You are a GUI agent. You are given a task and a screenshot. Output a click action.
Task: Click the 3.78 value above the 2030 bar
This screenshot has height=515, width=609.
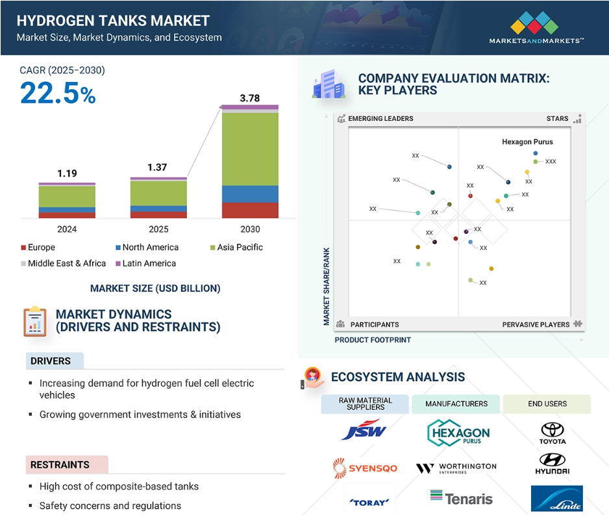pos(250,98)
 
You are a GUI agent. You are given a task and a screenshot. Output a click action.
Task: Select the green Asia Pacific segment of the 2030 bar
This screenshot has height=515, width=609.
pos(250,150)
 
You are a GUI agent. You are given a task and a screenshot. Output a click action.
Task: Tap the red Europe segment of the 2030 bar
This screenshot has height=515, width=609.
pos(250,211)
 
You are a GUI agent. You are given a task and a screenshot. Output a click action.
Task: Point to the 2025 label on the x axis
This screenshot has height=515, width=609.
pos(158,229)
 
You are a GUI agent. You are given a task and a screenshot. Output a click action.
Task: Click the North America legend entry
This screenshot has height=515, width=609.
pos(147,247)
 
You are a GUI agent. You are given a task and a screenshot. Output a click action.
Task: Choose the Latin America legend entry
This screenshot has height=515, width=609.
pos(146,263)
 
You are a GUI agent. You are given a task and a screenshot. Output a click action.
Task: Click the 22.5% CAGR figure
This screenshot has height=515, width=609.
pos(58,94)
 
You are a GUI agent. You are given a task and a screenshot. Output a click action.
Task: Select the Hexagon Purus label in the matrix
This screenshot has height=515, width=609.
pos(527,142)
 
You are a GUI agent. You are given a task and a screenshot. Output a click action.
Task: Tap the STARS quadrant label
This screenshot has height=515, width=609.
pos(557,118)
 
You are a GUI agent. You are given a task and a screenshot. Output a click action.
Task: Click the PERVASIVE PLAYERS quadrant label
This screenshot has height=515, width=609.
pos(536,324)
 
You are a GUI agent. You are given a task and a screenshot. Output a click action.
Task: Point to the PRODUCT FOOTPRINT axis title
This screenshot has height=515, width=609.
pos(373,340)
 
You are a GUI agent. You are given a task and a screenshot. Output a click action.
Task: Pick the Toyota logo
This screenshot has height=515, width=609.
pos(553,433)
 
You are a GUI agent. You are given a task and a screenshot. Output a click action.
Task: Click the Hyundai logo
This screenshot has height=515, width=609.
pos(553,464)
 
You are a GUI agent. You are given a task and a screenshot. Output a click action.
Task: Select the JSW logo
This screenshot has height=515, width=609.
pos(364,429)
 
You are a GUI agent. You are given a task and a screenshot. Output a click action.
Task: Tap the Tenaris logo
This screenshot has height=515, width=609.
pos(462,498)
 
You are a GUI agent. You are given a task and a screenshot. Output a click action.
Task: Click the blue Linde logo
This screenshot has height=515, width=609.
pos(557,498)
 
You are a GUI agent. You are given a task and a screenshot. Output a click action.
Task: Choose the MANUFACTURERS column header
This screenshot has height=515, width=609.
pos(456,404)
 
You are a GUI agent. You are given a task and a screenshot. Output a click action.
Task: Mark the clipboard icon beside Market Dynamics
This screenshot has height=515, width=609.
pos(35,321)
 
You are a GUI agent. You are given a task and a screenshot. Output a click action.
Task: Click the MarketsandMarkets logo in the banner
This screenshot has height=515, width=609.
pos(536,27)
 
